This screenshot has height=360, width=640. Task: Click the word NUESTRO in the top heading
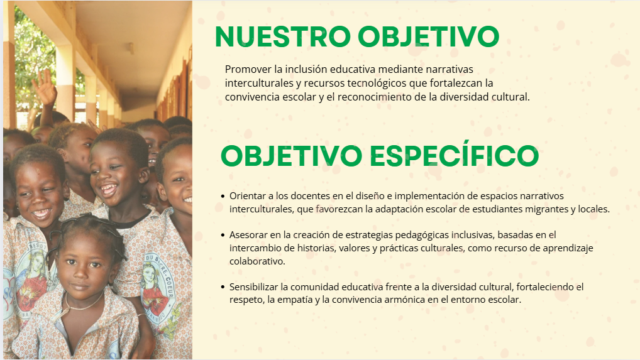click(x=282, y=36)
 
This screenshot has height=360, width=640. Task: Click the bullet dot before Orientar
click(x=223, y=196)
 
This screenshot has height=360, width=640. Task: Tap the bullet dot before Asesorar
click(x=223, y=235)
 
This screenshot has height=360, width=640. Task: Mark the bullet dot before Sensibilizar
click(x=223, y=287)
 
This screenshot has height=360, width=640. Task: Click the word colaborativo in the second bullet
click(x=257, y=261)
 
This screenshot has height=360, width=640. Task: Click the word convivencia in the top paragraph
click(x=248, y=97)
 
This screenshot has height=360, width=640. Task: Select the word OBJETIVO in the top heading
click(x=429, y=36)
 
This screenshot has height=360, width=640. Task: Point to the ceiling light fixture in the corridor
click(x=130, y=48)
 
